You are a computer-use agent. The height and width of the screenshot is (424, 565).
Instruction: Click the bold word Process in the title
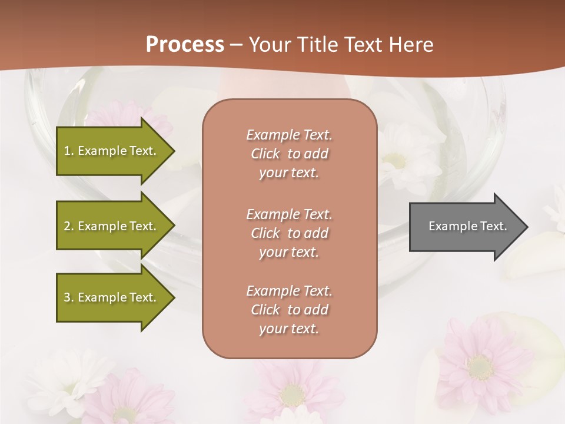185,45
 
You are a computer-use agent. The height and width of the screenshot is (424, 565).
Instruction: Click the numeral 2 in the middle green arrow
67,226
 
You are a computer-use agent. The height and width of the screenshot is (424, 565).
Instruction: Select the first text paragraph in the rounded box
289,154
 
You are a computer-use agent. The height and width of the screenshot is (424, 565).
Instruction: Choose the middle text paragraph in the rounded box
289,233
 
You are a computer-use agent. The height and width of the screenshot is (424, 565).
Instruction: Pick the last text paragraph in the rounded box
289,310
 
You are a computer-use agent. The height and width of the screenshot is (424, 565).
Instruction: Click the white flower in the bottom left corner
65,377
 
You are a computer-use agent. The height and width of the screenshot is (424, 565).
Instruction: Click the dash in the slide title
237,45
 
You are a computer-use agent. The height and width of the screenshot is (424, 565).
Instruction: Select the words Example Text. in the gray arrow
468,226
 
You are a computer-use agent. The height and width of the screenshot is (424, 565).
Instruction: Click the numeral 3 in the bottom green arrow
67,297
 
